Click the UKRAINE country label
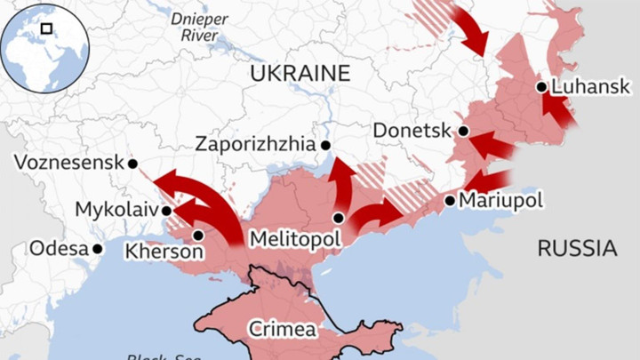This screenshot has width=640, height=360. click(x=300, y=73)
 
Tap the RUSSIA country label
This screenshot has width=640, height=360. click(x=577, y=248)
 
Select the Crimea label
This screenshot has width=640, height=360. click(x=282, y=329)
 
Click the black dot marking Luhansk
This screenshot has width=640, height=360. click(x=541, y=87)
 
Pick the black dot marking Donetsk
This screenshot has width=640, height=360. click(x=463, y=131)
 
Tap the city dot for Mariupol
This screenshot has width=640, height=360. click(x=450, y=201)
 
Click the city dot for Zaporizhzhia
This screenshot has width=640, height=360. click(x=326, y=145)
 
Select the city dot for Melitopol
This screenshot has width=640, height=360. click(x=339, y=218)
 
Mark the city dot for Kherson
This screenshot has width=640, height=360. click(x=197, y=236)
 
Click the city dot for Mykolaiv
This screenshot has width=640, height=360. click(x=166, y=211)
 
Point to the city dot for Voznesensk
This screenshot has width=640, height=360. click(x=132, y=164)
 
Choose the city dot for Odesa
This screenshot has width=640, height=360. click(x=98, y=249)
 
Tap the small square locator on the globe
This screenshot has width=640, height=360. click(x=46, y=28)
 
